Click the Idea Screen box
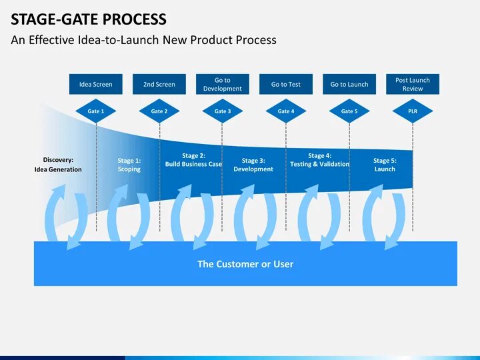[x=96, y=84]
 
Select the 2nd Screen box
[x=159, y=84]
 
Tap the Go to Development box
[x=223, y=84]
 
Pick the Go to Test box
[x=285, y=84]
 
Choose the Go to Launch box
[x=349, y=84]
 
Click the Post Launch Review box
[x=413, y=84]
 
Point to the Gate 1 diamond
[x=96, y=111]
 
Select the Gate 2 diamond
[x=159, y=111]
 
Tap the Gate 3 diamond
[x=223, y=111]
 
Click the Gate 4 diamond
[x=285, y=111]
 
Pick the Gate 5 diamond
[x=349, y=111]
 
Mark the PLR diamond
[x=413, y=111]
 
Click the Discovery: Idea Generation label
[x=58, y=165]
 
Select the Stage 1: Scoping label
[x=129, y=165]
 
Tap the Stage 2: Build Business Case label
[x=193, y=160]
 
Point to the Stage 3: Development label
[x=253, y=165]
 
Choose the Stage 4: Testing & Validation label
[x=320, y=160]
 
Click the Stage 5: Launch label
[x=385, y=165]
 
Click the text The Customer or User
[x=245, y=264]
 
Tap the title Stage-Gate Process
[x=89, y=19]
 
